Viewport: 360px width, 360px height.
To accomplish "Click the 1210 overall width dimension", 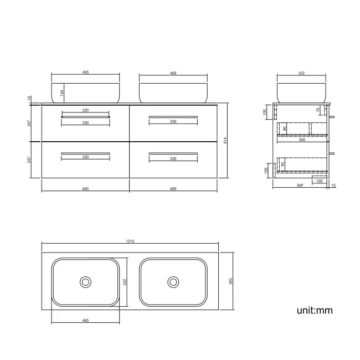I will (x=130, y=241).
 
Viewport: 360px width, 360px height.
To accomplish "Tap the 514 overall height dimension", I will (x=225, y=141).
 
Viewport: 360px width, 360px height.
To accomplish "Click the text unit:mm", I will (x=314, y=310).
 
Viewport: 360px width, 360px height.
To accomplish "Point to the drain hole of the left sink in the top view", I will (x=85, y=282).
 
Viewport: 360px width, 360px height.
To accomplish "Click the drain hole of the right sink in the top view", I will (x=173, y=282).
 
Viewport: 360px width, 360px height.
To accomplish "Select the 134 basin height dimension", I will (x=63, y=92).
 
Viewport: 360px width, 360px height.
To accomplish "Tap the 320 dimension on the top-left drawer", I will (x=85, y=110).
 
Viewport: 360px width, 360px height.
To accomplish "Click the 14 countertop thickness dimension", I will (x=29, y=99).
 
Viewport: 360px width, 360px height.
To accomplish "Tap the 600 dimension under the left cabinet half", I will (x=85, y=189).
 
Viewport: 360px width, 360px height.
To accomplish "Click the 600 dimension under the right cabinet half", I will (x=173, y=189).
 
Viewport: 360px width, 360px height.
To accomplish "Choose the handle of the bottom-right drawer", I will (x=173, y=153).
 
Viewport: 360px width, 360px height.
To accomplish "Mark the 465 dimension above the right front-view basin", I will (x=173, y=73).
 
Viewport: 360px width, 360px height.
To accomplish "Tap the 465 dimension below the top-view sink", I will (x=85, y=320).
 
